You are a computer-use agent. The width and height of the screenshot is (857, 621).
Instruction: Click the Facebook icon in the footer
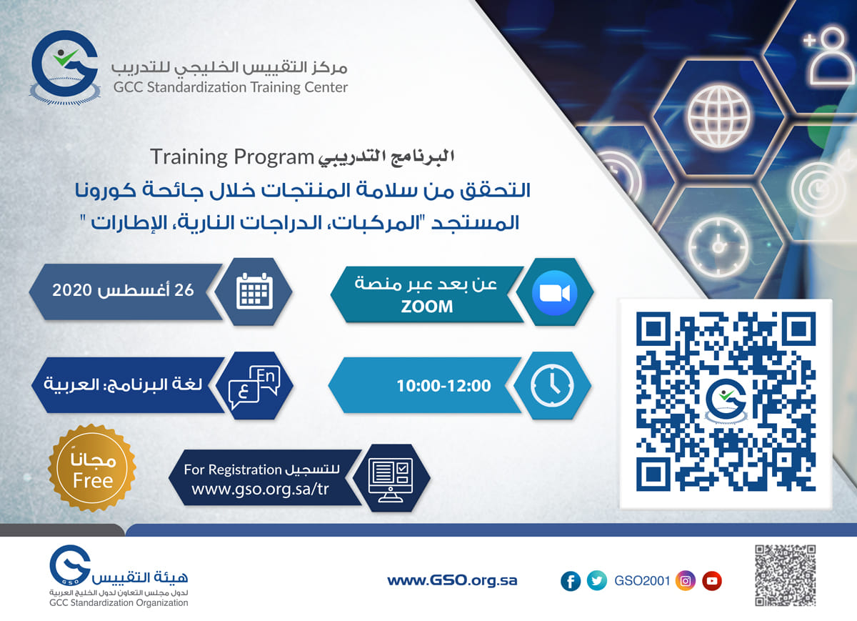tap(571, 581)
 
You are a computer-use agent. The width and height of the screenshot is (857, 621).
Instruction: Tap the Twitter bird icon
tap(597, 580)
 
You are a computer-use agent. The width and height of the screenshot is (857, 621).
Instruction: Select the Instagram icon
tap(686, 581)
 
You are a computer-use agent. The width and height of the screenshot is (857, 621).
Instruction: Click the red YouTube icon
tap(712, 581)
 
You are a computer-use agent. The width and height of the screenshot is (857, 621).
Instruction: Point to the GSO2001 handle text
tap(642, 581)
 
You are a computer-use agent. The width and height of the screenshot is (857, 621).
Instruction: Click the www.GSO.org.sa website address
tap(452, 580)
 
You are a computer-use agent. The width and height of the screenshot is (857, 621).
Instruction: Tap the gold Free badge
tap(92, 468)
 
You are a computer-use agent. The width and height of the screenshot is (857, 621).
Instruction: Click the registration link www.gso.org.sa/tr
tap(260, 490)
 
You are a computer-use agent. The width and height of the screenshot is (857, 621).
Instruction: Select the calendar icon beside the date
tap(254, 291)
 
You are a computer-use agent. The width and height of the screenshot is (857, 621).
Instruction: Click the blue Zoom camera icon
tap(554, 293)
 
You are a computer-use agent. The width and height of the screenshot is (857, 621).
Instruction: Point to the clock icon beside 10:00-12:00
tap(552, 385)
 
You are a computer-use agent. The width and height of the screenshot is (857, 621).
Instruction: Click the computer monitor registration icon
tap(390, 480)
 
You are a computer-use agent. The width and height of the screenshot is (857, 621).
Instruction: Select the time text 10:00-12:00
tap(443, 386)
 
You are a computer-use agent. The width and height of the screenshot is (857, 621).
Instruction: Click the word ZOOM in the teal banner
tap(427, 307)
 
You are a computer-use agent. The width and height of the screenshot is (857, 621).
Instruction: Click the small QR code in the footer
tap(785, 575)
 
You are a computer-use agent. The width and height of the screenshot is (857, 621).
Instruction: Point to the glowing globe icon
tap(719, 116)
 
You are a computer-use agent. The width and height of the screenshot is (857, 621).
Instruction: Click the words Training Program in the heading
tap(232, 157)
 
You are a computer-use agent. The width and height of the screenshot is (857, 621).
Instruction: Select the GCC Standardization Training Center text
tap(230, 87)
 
